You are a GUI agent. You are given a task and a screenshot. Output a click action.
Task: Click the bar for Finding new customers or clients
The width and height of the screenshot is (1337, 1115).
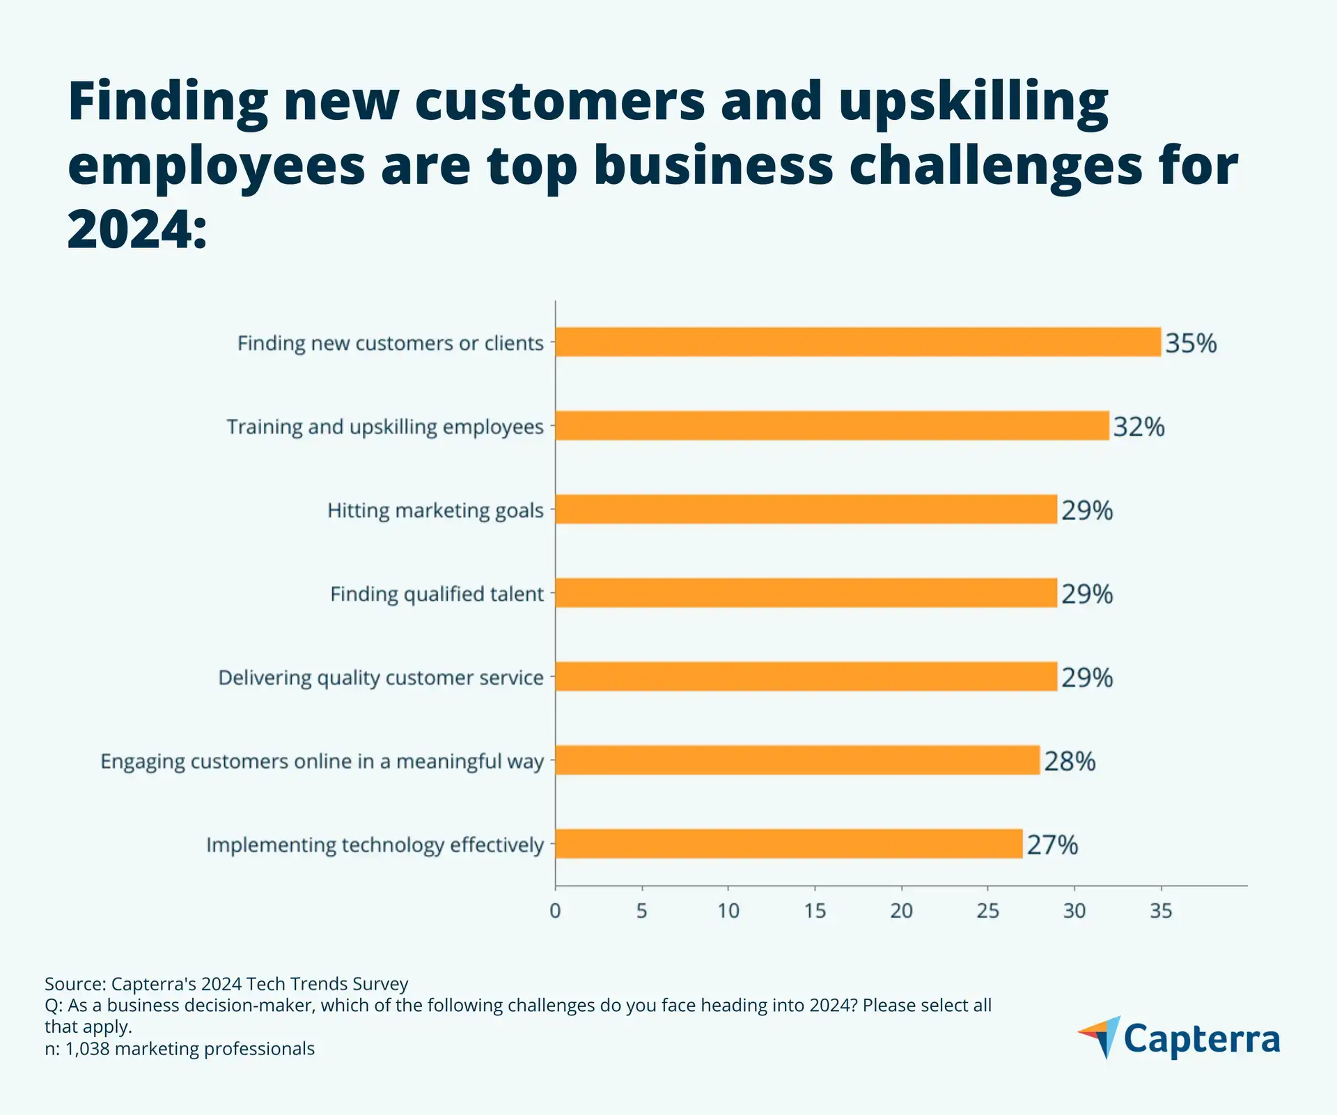(x=858, y=342)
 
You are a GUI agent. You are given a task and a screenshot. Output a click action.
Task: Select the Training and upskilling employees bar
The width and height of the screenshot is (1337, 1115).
(x=832, y=426)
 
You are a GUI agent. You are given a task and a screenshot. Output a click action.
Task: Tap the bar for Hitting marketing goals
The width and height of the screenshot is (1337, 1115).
(x=806, y=509)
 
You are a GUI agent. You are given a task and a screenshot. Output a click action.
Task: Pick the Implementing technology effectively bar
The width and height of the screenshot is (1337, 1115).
(x=789, y=844)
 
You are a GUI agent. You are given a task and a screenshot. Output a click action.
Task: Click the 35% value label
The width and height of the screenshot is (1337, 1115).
(x=1191, y=343)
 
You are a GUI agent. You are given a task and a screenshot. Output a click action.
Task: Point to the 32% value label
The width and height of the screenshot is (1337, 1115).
(x=1139, y=426)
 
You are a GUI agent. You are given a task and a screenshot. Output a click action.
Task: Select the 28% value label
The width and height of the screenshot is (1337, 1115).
(x=1070, y=761)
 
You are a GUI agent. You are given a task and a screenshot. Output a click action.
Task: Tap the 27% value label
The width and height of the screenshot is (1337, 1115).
(x=1052, y=845)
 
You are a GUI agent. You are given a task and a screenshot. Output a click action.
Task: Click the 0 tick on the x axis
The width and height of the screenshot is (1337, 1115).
(x=555, y=911)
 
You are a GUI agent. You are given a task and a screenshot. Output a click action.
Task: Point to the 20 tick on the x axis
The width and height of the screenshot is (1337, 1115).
(x=901, y=911)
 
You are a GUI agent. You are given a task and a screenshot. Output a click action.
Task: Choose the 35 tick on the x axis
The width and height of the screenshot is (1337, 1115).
(x=1161, y=911)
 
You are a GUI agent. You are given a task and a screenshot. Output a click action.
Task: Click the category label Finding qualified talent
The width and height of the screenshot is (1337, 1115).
(x=437, y=594)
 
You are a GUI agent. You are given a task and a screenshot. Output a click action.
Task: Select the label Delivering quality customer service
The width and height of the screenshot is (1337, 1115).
(x=381, y=677)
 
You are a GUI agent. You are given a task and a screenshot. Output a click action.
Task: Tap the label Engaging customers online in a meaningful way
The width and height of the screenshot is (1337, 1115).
(x=322, y=761)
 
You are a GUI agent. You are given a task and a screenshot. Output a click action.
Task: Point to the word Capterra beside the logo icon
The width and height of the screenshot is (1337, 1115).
(x=1202, y=1039)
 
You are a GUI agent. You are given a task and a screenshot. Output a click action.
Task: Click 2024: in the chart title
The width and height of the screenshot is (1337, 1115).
(x=137, y=230)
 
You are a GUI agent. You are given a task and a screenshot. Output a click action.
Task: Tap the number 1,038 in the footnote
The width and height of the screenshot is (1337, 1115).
(x=87, y=1048)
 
